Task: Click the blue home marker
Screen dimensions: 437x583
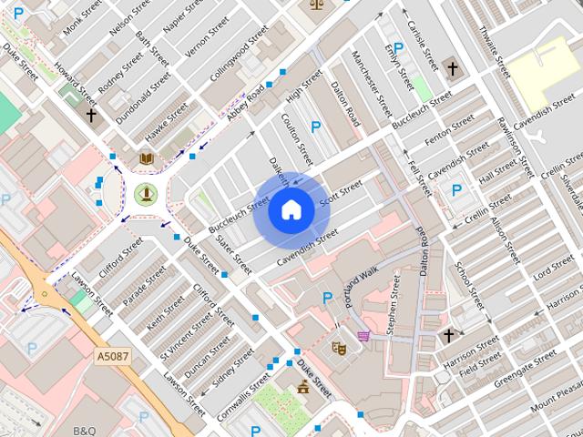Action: coord(291,209)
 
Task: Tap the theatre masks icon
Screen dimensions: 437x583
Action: coord(338,347)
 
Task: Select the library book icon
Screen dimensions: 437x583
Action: coord(145,159)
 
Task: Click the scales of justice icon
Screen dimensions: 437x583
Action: coord(317,4)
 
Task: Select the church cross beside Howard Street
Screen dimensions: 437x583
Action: coord(91,116)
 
